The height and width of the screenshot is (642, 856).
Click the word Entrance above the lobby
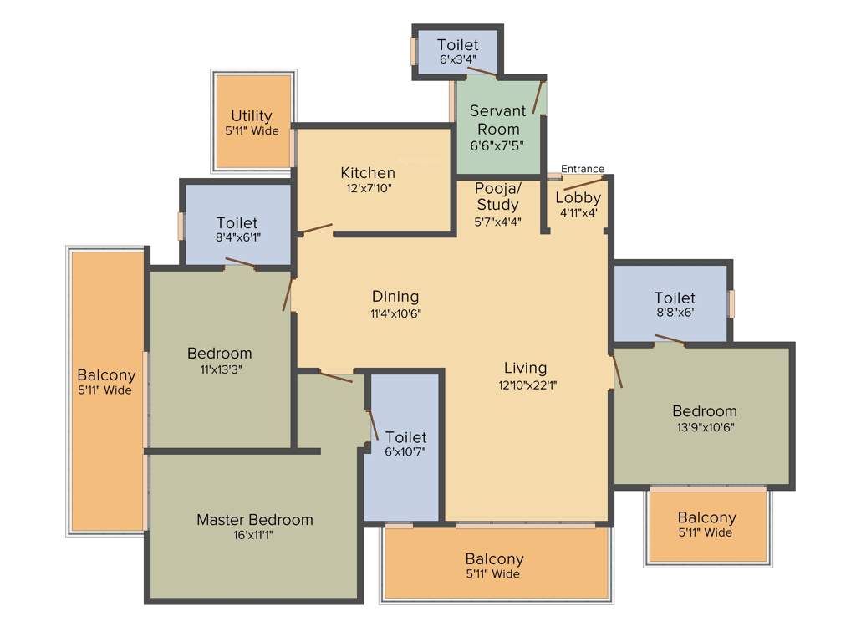tap(582, 169)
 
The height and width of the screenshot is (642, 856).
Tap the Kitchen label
tap(367, 173)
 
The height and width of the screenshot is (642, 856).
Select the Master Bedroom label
tap(254, 520)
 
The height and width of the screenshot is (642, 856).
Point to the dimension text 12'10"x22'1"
tap(525, 385)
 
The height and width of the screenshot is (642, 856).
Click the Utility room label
tap(252, 116)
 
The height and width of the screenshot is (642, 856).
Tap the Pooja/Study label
tap(497, 196)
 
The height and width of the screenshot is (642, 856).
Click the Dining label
tap(395, 297)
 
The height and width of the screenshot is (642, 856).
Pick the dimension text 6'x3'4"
tap(457, 60)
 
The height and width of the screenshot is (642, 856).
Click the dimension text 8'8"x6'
tap(674, 314)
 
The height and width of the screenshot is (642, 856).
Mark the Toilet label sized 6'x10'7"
tap(406, 437)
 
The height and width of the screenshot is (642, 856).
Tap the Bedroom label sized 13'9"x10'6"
tap(704, 411)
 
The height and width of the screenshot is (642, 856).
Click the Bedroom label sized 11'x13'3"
tap(219, 354)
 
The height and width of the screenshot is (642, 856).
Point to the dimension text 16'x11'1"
tap(254, 537)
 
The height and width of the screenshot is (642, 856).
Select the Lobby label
tap(578, 198)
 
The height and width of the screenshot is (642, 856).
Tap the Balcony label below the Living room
tap(494, 559)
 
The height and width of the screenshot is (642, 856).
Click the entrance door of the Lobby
tap(583, 183)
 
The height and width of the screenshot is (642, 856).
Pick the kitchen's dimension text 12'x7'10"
tap(367, 189)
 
